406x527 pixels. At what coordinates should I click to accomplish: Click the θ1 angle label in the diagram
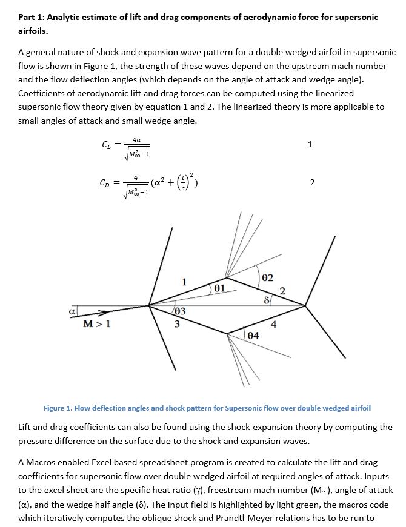coord(219,287)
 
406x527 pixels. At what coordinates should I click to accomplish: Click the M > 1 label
coord(96,323)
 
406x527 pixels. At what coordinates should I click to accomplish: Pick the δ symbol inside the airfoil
coord(265,299)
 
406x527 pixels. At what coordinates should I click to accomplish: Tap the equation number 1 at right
coord(311,144)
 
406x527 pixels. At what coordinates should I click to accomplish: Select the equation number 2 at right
coord(311,182)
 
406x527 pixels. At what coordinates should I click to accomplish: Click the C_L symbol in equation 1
coord(105,145)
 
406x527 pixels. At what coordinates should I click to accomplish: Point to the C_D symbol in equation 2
coord(105,183)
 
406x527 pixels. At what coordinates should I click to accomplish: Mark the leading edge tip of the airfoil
coord(149,305)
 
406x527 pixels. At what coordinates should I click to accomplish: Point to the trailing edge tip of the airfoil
coord(305,305)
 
